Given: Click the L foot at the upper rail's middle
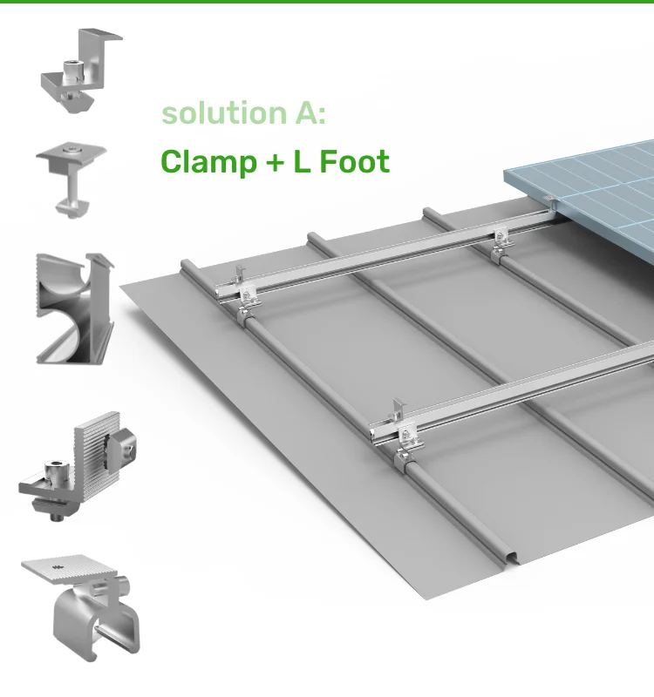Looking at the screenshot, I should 501,245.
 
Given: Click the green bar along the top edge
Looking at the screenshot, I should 327,2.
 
